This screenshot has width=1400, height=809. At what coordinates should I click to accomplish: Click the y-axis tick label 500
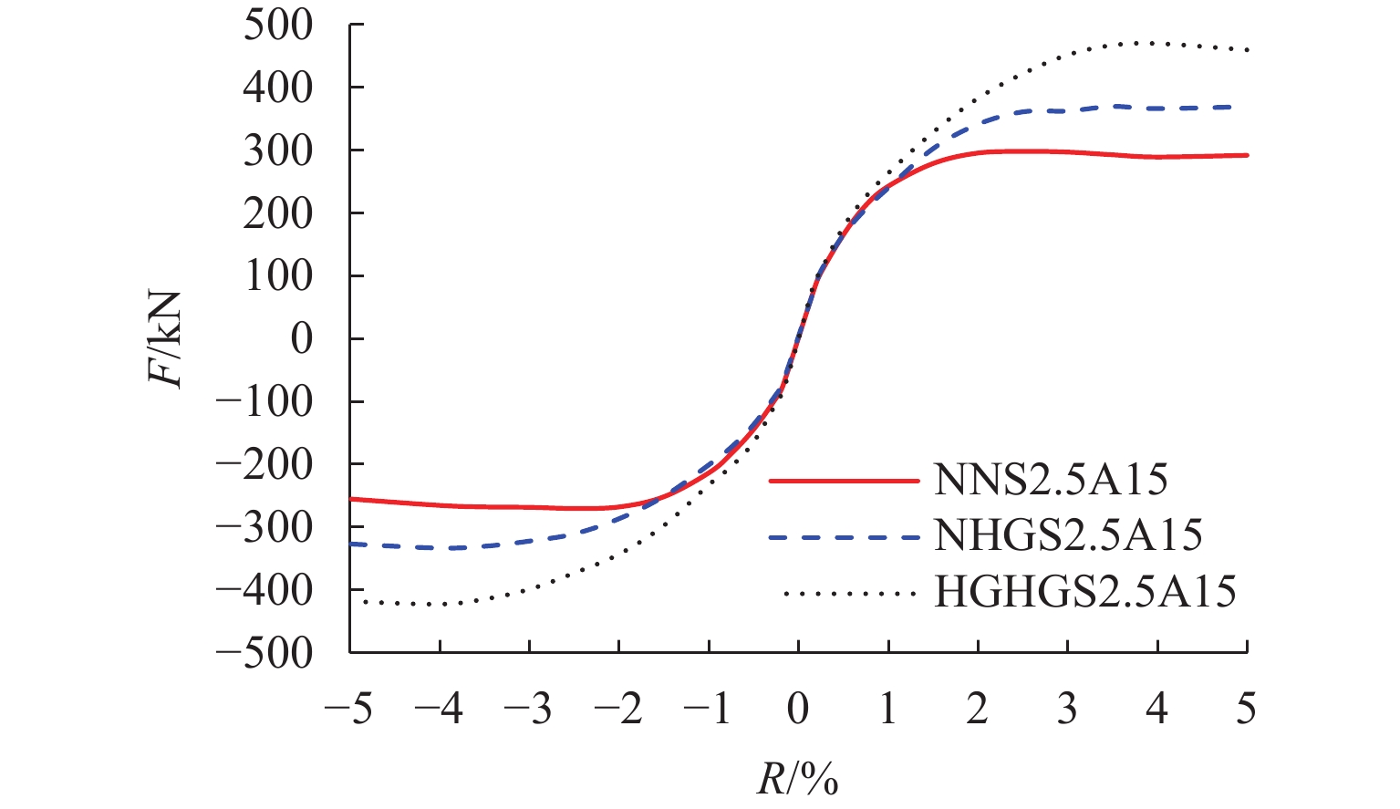(277, 26)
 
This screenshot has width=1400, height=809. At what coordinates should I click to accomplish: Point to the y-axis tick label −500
(264, 653)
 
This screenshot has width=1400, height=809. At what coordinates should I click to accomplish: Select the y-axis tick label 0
(301, 339)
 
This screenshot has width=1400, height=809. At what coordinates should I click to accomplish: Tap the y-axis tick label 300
(277, 151)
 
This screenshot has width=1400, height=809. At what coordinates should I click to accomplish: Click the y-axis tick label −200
(264, 465)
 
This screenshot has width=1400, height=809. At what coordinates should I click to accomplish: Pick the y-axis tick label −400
(264, 590)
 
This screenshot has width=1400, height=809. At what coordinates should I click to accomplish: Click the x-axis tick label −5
(349, 709)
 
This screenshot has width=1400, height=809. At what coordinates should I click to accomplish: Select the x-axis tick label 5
(1246, 709)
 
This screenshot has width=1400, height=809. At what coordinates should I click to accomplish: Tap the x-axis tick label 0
(798, 709)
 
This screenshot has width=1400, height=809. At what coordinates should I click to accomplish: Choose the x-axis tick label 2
(978, 709)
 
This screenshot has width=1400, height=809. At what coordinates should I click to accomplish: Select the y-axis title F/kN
(168, 339)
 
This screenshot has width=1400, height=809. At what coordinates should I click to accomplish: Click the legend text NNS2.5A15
(1050, 480)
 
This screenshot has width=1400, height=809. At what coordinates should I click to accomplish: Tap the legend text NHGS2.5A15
(1067, 535)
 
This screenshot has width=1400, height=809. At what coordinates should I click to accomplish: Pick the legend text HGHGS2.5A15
(1085, 592)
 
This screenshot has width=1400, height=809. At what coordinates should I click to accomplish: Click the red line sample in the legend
(844, 481)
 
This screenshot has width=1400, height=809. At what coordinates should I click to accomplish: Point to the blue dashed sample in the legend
(844, 537)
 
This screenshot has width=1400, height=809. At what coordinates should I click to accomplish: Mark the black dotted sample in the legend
(848, 594)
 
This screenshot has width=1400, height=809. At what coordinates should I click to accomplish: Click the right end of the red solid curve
(1247, 155)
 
